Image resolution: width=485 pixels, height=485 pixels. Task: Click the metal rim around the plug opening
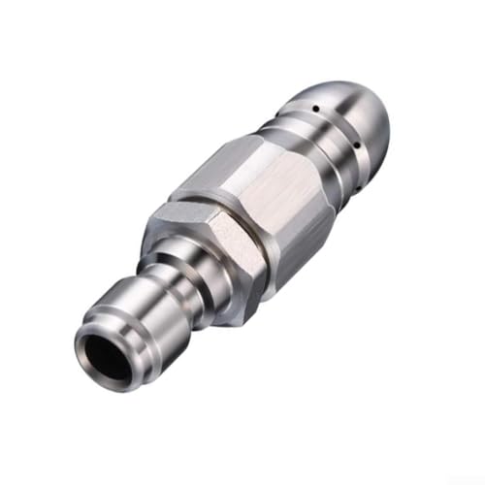coord(92,335)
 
